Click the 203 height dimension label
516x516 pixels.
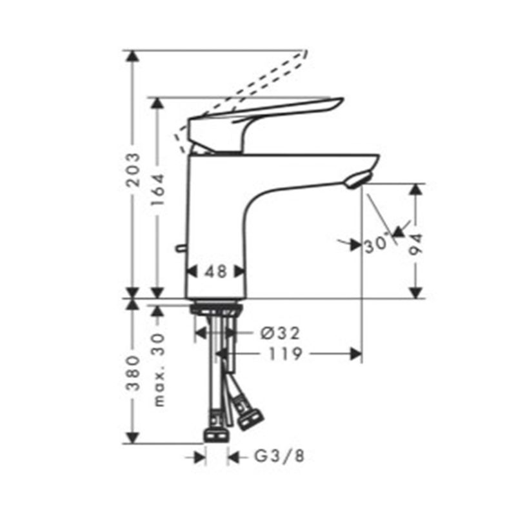[x=134, y=170]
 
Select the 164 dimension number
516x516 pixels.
[x=157, y=190]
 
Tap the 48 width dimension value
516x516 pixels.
[x=215, y=272]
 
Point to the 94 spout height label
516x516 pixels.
[x=415, y=244]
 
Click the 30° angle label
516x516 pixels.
[x=376, y=244]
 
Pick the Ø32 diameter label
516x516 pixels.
[x=280, y=333]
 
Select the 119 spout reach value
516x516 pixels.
[x=285, y=354]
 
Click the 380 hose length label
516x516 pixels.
[x=134, y=373]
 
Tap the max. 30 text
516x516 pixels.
[x=159, y=370]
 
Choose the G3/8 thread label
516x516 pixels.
[x=279, y=457]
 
